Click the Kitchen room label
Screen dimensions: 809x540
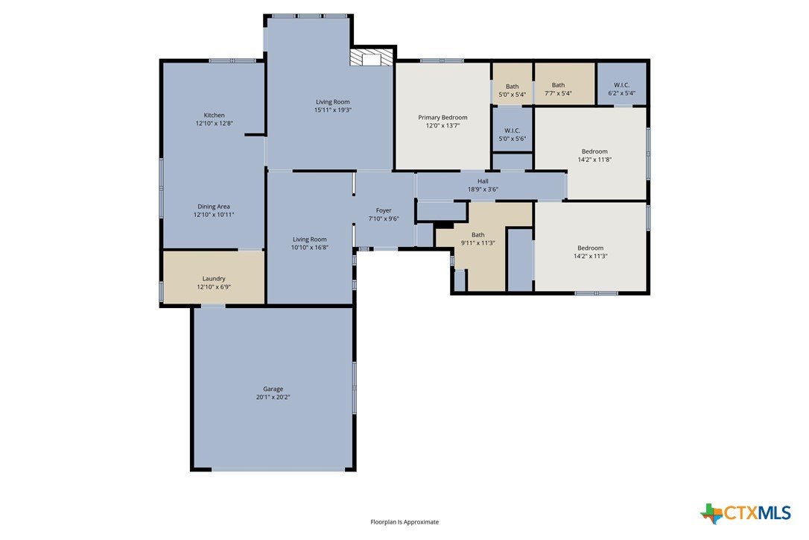pyautogui.click(x=214, y=115)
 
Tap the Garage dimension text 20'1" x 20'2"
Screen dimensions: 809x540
pyautogui.click(x=273, y=398)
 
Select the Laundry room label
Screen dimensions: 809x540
pyautogui.click(x=214, y=278)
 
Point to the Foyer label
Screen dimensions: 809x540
pyautogui.click(x=384, y=210)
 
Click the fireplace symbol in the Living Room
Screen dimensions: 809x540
pyautogui.click(x=372, y=57)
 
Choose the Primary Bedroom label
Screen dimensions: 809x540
pyautogui.click(x=442, y=117)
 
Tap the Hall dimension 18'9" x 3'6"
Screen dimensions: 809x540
pyautogui.click(x=483, y=189)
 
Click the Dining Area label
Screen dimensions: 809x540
pyautogui.click(x=214, y=207)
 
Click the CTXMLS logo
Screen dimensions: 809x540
pyautogui.click(x=746, y=513)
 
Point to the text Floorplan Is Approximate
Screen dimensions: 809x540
pyautogui.click(x=404, y=522)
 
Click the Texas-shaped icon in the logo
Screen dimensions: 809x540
pyautogui.click(x=711, y=514)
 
